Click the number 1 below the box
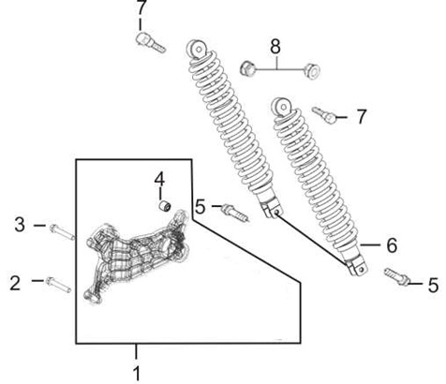click(x=137, y=374)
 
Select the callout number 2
click(x=15, y=283)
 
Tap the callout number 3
click(x=20, y=225)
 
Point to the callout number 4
click(x=159, y=179)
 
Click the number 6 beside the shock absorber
click(x=392, y=245)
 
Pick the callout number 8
click(x=275, y=46)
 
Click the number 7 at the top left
click(x=141, y=7)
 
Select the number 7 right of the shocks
click(x=361, y=116)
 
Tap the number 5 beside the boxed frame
click(x=201, y=206)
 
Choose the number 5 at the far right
click(x=433, y=286)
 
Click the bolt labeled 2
click(x=58, y=285)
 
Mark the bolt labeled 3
click(x=62, y=232)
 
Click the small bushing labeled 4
click(x=164, y=206)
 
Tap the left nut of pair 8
click(x=248, y=68)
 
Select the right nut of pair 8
click(x=311, y=70)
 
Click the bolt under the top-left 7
click(x=151, y=43)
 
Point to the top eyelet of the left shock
click(x=198, y=49)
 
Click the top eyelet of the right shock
click(x=282, y=108)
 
